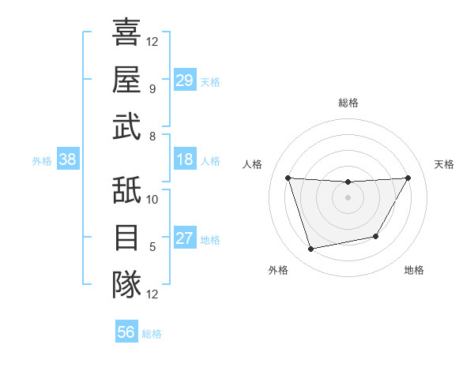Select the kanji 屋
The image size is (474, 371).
pyautogui.click(x=126, y=80)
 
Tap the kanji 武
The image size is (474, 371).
pyautogui.click(x=126, y=126)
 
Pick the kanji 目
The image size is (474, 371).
pyautogui.click(x=126, y=237)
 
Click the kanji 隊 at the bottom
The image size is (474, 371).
pyautogui.click(x=126, y=283)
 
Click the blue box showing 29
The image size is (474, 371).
pyautogui.click(x=185, y=81)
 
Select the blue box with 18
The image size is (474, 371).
pyautogui.click(x=185, y=159)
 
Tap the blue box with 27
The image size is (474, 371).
pyautogui.click(x=185, y=238)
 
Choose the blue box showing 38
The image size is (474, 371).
pyautogui.click(x=68, y=159)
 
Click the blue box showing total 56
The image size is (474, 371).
pyautogui.click(x=126, y=332)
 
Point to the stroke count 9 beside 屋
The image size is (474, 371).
pyautogui.click(x=152, y=88)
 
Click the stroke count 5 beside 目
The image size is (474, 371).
pyautogui.click(x=152, y=246)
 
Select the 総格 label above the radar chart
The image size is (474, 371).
pyautogui.click(x=348, y=103)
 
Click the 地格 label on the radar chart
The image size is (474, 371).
pyautogui.click(x=414, y=270)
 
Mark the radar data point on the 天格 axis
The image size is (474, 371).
pyautogui.click(x=408, y=178)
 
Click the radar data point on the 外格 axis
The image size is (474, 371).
pyautogui.click(x=310, y=249)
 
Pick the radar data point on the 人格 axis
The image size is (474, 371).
pyautogui.click(x=288, y=178)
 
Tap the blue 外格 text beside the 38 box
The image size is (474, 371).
pyautogui.click(x=42, y=160)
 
